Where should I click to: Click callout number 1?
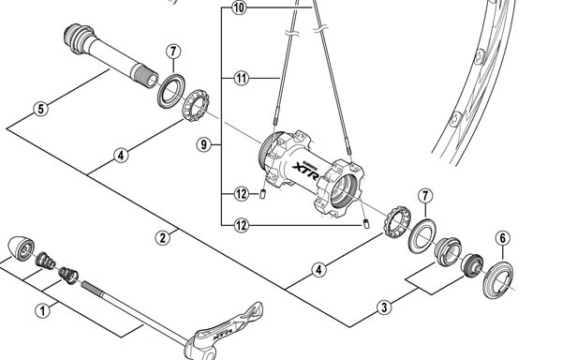click(x=43, y=310)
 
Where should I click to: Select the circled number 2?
click(x=163, y=238)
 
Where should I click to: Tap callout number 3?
click(x=384, y=307)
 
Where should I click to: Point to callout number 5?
click(x=41, y=109)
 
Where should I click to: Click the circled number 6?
click(x=503, y=238)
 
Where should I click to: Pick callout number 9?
click(x=204, y=145)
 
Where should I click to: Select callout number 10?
click(x=240, y=7)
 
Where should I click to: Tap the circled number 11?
click(x=242, y=78)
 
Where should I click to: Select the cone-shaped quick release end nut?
click(x=21, y=247)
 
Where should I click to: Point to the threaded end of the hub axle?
click(x=144, y=75)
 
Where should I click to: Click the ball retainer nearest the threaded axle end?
click(x=196, y=105)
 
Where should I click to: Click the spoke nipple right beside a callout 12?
click(x=262, y=194)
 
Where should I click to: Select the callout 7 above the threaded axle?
click(x=173, y=52)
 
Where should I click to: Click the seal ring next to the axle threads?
click(x=171, y=91)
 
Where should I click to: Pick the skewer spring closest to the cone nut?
click(x=46, y=261)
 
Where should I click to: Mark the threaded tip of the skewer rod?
click(x=93, y=288)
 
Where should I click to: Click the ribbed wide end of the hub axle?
click(x=79, y=38)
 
